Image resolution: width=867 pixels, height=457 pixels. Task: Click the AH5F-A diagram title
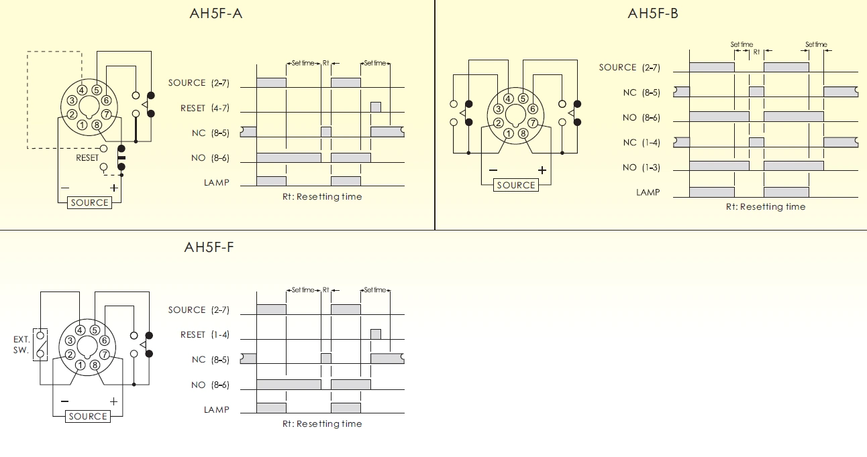(x=215, y=13)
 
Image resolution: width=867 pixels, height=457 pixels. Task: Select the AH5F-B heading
(x=653, y=13)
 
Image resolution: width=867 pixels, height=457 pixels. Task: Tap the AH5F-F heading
(x=209, y=247)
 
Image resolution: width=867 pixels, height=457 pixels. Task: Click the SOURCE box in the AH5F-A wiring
(x=89, y=202)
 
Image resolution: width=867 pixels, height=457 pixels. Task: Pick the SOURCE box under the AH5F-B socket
(x=515, y=185)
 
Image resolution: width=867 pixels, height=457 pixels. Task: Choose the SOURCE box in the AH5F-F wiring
(x=88, y=416)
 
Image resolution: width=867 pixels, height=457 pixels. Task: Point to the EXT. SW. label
(x=21, y=344)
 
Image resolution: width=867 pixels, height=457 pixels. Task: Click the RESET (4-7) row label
(x=205, y=108)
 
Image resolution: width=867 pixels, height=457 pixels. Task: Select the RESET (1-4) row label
(x=205, y=334)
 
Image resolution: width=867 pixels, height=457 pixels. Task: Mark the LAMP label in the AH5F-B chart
(x=648, y=192)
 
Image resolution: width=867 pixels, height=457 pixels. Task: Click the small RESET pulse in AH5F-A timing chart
(x=376, y=107)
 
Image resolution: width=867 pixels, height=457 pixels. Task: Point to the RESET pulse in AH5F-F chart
(x=376, y=334)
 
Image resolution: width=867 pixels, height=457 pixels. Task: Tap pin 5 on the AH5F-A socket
(x=97, y=90)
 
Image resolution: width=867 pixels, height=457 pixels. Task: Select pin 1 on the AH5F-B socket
(x=508, y=133)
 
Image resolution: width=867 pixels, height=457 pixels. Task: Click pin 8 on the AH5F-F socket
(x=95, y=365)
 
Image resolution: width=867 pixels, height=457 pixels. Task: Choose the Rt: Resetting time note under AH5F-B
(x=765, y=206)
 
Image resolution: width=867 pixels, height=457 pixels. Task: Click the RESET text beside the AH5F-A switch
(x=87, y=158)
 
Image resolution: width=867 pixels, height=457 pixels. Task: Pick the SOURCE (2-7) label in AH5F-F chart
(x=199, y=310)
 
